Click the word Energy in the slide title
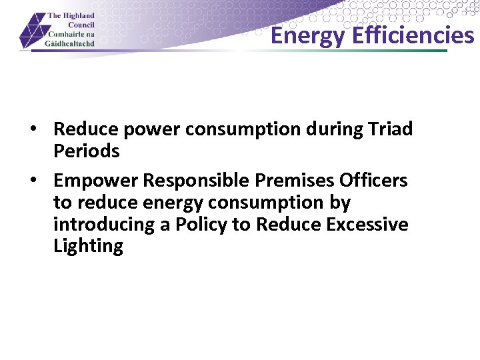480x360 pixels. [x=309, y=35]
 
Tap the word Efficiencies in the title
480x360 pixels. [x=413, y=35]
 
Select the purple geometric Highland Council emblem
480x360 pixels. [x=33, y=32]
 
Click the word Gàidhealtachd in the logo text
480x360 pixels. [x=71, y=43]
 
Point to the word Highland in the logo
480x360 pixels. [x=79, y=15]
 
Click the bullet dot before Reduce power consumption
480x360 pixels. [x=41, y=129]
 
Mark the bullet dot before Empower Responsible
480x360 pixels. [x=41, y=181]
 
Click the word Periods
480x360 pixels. [x=87, y=151]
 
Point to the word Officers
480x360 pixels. [x=373, y=181]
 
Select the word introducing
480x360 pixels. [x=105, y=225]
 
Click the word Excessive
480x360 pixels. [x=367, y=225]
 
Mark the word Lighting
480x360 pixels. [x=88, y=247]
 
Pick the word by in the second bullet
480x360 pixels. [x=339, y=203]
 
